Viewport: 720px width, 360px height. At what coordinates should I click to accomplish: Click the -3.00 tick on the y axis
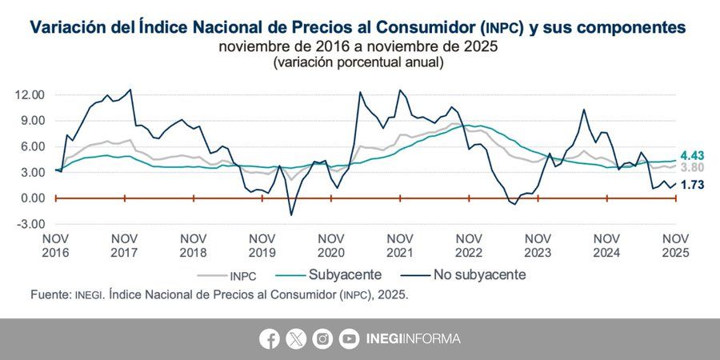click(x=30, y=224)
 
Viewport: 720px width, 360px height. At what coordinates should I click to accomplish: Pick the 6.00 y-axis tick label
click(x=31, y=146)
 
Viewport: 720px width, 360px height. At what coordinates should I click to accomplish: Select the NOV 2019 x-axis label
click(x=262, y=245)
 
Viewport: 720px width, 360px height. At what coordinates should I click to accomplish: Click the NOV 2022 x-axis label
click(x=469, y=245)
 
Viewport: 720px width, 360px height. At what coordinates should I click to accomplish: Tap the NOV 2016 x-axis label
click(x=56, y=245)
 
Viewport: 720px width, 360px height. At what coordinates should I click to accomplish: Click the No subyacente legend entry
click(x=479, y=274)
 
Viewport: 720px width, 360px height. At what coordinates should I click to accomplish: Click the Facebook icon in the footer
click(x=270, y=338)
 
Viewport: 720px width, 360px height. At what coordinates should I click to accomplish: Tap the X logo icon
click(x=296, y=338)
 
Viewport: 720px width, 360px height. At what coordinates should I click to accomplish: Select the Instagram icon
click(x=322, y=338)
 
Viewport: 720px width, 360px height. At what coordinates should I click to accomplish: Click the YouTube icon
click(x=349, y=338)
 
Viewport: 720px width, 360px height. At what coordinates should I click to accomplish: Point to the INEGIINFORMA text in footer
click(x=413, y=338)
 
